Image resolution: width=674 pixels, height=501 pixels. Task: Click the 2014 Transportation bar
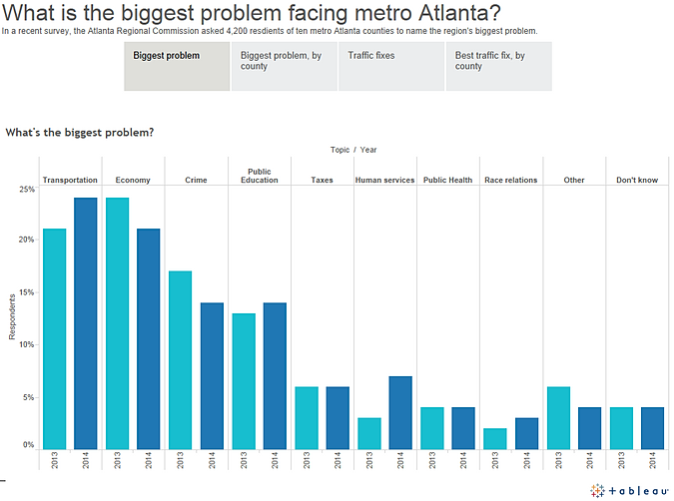86,323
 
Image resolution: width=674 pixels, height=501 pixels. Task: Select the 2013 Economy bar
118,323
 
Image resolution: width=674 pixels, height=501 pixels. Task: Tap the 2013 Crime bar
181,359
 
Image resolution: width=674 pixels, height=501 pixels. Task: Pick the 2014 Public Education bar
276,375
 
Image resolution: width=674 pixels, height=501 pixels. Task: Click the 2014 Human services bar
401,412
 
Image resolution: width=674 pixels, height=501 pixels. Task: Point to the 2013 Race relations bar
496,438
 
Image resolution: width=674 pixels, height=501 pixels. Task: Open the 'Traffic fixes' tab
390,66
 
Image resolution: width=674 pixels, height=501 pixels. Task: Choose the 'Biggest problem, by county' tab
284,66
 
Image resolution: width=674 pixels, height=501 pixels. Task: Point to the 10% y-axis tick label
27,344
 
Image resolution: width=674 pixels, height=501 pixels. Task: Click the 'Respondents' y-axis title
13,315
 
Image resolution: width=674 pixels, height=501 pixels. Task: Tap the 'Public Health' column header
448,180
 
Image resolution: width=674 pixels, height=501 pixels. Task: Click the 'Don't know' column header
637,180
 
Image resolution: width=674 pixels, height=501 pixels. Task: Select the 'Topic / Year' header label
353,150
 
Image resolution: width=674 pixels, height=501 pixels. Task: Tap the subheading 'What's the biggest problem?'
79,132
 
